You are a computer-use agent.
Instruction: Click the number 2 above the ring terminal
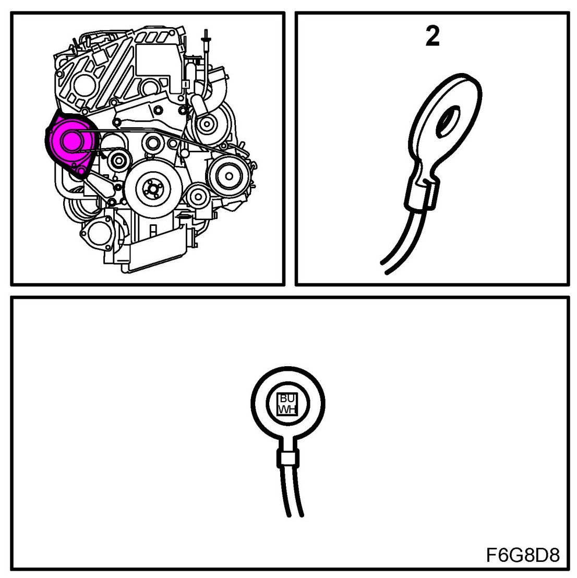coord(432,36)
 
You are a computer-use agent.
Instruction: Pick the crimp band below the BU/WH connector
coord(286,457)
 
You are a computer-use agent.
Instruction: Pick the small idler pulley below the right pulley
coord(197,197)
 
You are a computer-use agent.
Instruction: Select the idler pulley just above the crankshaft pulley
coord(151,141)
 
